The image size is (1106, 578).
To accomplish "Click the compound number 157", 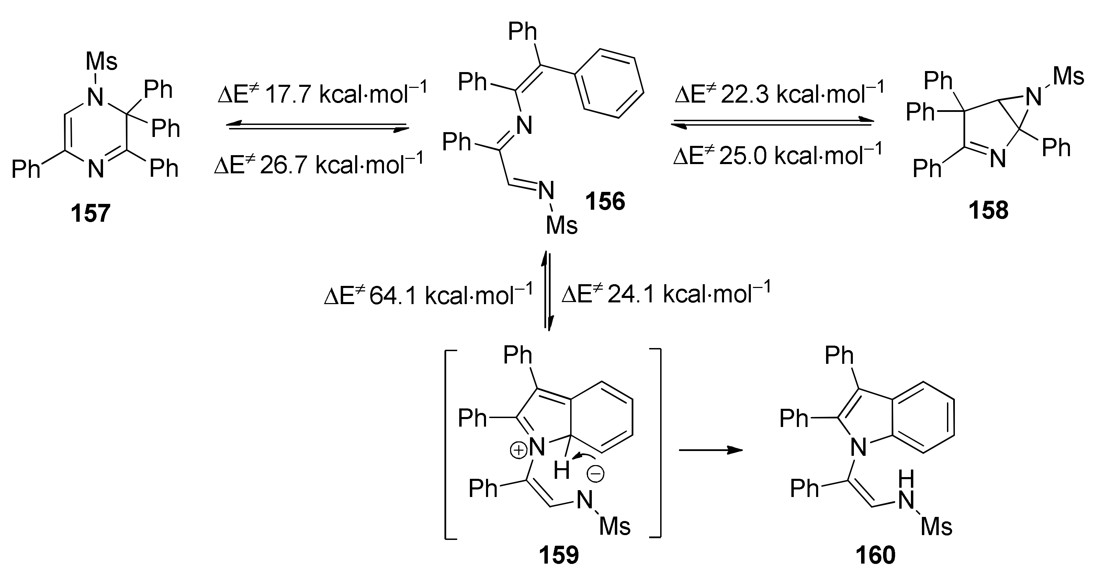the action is (x=91, y=213).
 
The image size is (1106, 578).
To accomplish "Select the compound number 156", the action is (x=605, y=201).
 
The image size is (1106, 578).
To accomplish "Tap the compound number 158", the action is (x=989, y=211).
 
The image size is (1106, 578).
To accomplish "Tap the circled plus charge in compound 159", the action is (x=518, y=450).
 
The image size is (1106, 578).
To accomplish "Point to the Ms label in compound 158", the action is (x=1069, y=77).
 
